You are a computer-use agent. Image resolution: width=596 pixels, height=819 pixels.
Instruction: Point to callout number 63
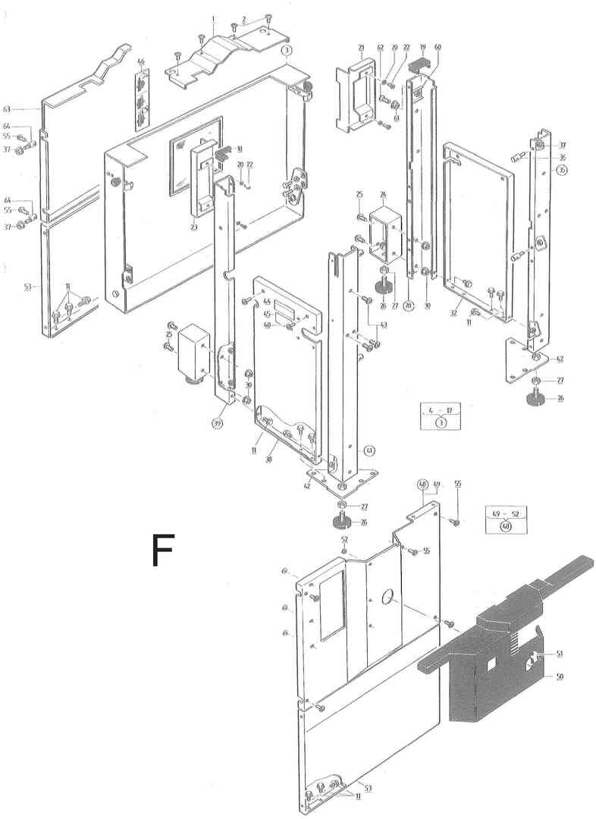(29, 108)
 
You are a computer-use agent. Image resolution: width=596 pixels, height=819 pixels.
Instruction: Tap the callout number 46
(141, 61)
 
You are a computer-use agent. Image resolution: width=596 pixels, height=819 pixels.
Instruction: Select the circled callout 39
(218, 422)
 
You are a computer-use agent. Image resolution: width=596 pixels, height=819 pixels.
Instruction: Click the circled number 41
(369, 451)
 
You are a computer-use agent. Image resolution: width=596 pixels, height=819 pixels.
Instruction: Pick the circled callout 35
(561, 170)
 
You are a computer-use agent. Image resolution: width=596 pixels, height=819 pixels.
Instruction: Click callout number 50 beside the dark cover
(560, 676)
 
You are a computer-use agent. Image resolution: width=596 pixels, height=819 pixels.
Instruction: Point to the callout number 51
(560, 653)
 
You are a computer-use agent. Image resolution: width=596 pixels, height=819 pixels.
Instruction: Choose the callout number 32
(453, 312)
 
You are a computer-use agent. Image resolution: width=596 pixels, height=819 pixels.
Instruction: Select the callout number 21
(362, 48)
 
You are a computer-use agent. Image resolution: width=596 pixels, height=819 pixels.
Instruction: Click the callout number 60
(438, 47)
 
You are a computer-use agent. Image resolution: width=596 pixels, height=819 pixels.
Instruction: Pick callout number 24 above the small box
(383, 194)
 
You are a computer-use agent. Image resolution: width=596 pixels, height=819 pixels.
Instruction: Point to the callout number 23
(194, 225)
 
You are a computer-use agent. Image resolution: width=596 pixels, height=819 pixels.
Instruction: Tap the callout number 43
(384, 325)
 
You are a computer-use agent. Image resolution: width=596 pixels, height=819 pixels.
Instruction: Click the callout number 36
(563, 157)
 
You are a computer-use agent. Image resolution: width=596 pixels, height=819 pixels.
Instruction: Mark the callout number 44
(267, 303)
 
